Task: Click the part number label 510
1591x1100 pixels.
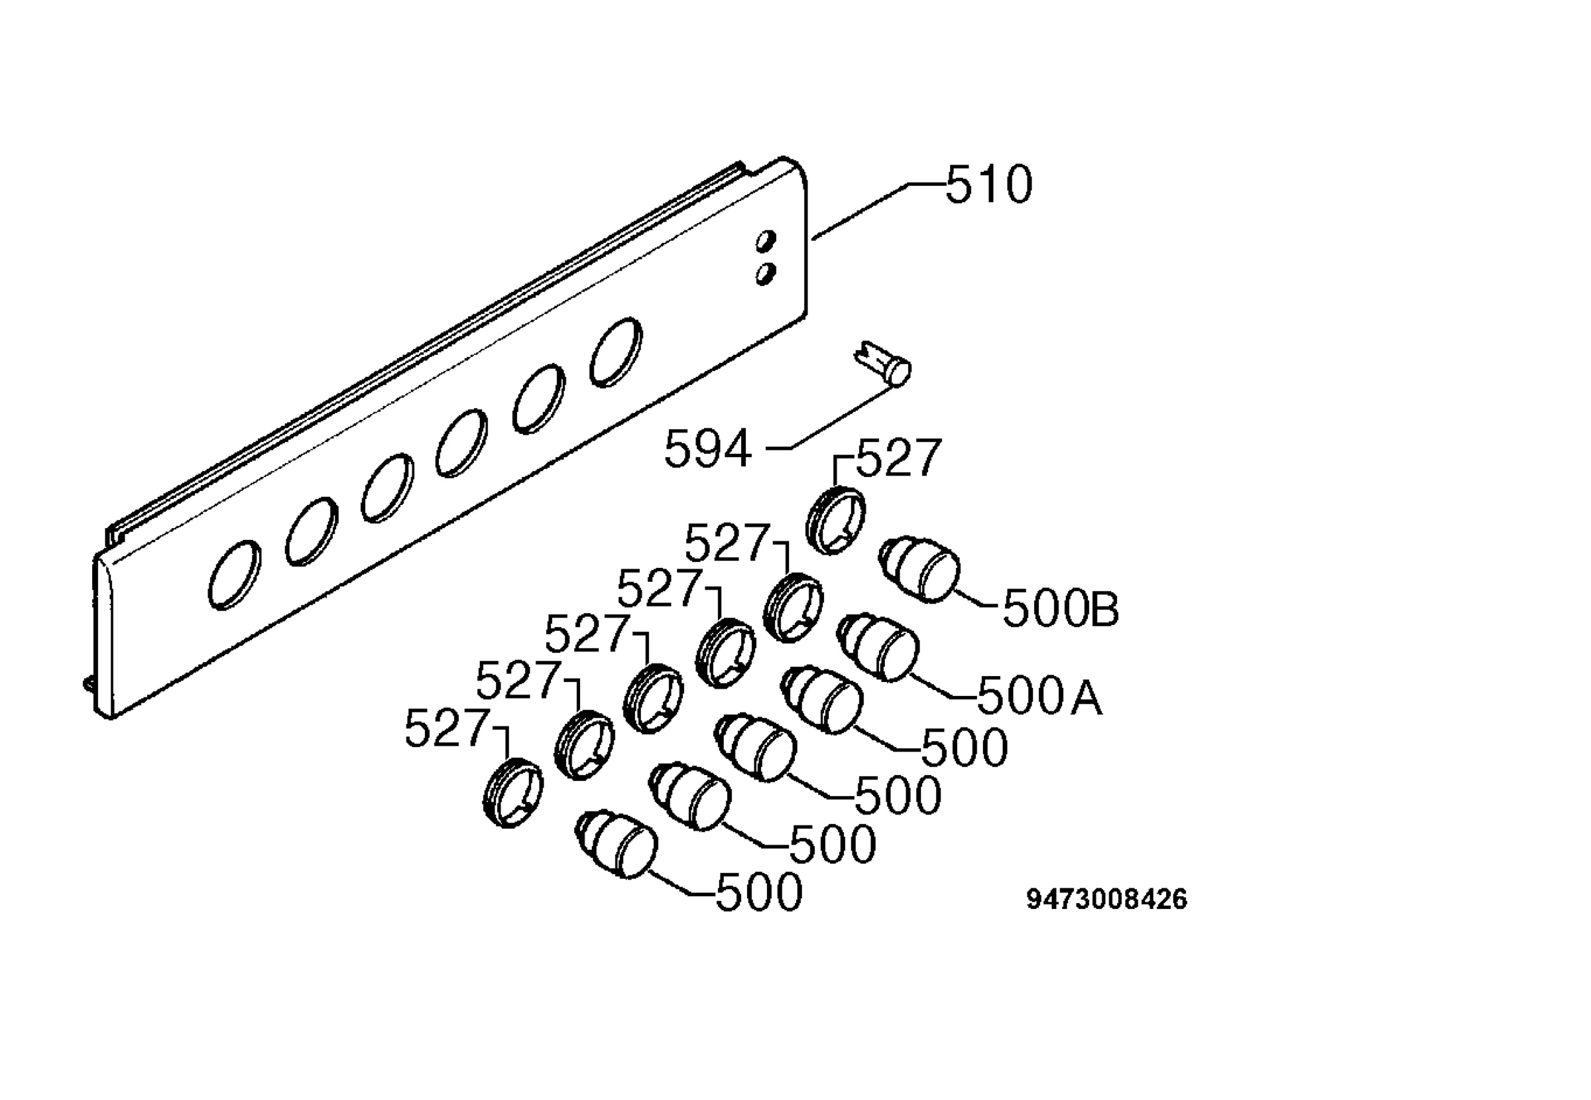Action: tap(989, 184)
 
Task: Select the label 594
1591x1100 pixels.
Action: tap(707, 448)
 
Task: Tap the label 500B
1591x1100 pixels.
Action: tap(1061, 608)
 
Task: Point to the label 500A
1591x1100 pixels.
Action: tap(1039, 695)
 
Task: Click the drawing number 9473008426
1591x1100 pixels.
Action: tap(1107, 900)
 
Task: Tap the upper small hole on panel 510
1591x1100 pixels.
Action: tap(765, 241)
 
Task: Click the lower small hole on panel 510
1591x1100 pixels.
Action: tap(765, 273)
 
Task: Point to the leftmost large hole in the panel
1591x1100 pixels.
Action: tap(235, 575)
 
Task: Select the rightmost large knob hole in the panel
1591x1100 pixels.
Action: tap(616, 352)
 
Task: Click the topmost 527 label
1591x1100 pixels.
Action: tap(898, 458)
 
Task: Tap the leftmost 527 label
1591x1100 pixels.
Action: tap(446, 728)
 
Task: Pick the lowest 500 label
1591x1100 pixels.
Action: tap(759, 892)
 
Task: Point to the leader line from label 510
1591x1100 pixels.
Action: tap(880, 210)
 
